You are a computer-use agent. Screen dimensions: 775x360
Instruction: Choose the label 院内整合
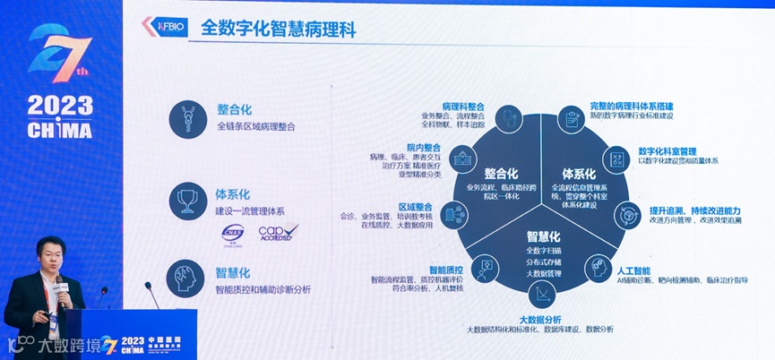click(423, 147)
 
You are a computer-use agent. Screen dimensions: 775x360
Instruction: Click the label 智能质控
click(445, 269)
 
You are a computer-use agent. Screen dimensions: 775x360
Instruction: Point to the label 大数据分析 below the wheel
click(540, 319)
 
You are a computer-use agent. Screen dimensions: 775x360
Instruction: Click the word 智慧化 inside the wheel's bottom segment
click(542, 236)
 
